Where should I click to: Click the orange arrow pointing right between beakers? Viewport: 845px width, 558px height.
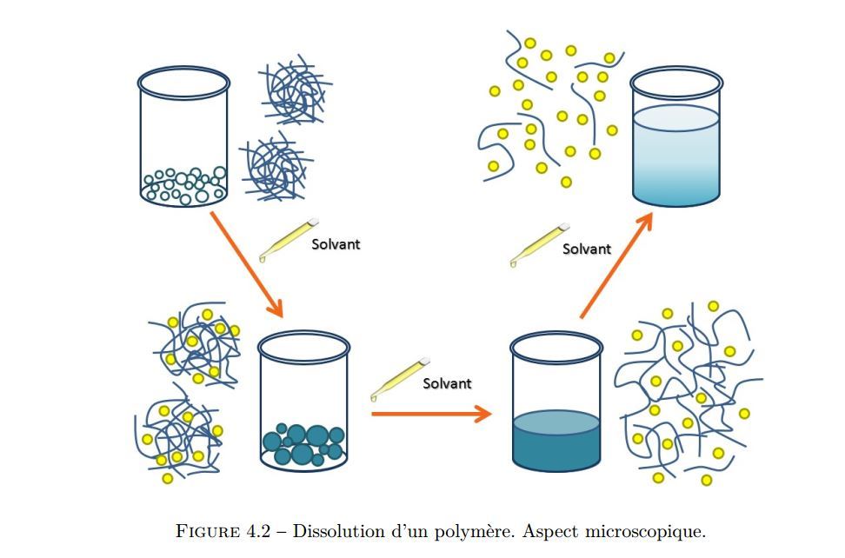click(431, 413)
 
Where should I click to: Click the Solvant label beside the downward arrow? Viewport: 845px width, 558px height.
click(336, 244)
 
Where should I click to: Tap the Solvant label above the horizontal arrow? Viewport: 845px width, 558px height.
click(447, 383)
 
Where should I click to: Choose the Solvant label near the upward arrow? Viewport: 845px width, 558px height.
click(587, 249)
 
